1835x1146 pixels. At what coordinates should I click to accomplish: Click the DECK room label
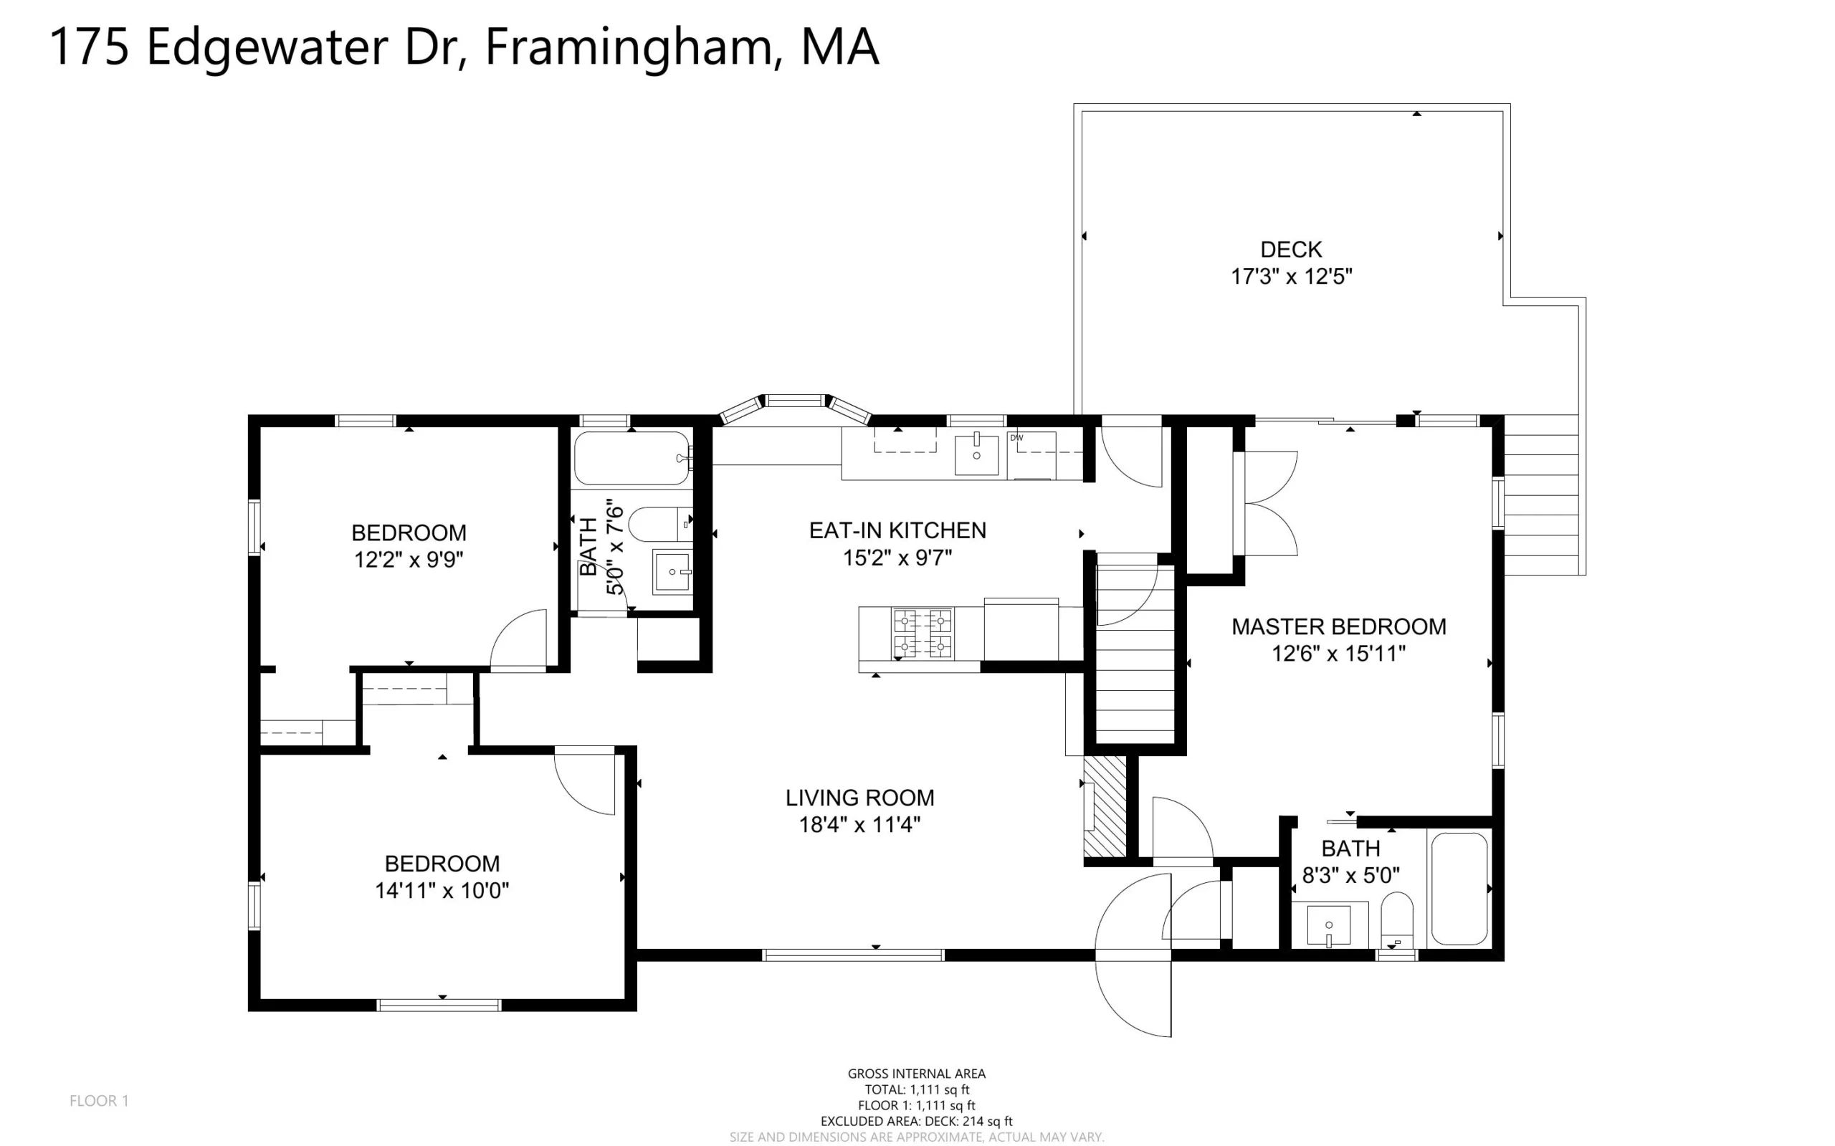pos(1291,249)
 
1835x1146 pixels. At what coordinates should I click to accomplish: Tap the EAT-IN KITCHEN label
pos(897,530)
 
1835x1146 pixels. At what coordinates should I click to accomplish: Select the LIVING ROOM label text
pos(859,798)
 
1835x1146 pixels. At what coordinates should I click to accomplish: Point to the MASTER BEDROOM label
pos(1338,627)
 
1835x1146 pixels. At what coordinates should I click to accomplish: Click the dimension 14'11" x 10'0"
pos(442,891)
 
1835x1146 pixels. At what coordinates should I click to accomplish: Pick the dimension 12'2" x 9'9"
pos(409,559)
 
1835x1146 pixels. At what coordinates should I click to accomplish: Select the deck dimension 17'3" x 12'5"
pos(1292,277)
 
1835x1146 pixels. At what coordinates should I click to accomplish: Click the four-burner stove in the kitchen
pos(923,633)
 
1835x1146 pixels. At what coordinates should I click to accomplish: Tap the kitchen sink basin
pos(976,453)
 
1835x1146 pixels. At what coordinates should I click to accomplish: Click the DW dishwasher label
pos(1016,437)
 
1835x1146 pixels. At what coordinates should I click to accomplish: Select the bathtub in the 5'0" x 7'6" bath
pos(632,458)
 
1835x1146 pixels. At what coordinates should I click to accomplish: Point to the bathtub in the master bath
pos(1459,889)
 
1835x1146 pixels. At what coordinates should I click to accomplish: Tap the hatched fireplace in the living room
pos(1103,807)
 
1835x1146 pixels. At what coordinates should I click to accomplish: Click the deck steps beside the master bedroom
pos(1541,495)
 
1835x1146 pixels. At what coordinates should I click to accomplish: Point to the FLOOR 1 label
pos(100,1101)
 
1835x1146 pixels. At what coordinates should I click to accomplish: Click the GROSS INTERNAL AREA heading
pos(916,1073)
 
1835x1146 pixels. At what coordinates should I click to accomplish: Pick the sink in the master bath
pos(1329,925)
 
